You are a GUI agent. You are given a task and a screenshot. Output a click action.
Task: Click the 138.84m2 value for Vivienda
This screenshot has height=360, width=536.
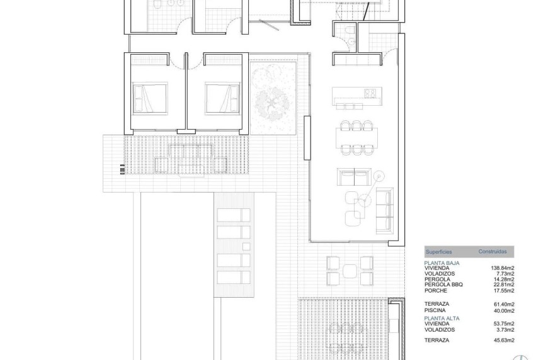(503, 268)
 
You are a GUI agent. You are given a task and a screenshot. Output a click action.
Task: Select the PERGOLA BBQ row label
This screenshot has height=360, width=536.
(444, 285)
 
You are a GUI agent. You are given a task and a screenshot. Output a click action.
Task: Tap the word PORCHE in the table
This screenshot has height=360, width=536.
(436, 291)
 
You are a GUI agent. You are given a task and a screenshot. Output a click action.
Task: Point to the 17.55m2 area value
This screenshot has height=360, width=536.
(504, 291)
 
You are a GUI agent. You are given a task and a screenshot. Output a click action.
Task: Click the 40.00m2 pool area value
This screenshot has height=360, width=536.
(504, 310)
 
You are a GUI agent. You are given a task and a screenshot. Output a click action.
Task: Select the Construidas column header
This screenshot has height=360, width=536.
(492, 250)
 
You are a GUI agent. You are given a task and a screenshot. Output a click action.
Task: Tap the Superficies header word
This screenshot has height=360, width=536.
(438, 250)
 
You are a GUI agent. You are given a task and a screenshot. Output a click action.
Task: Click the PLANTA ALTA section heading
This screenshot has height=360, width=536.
(442, 318)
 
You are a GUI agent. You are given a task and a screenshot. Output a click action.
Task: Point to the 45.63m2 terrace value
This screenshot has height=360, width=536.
(504, 340)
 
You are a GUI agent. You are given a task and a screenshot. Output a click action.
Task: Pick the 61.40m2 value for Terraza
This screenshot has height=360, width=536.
(504, 303)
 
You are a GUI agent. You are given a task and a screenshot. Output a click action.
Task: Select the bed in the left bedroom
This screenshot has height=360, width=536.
(150, 97)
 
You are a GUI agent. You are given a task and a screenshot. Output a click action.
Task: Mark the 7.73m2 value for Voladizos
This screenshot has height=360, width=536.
(505, 274)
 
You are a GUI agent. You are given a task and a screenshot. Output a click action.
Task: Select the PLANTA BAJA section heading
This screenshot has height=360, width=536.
(442, 262)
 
